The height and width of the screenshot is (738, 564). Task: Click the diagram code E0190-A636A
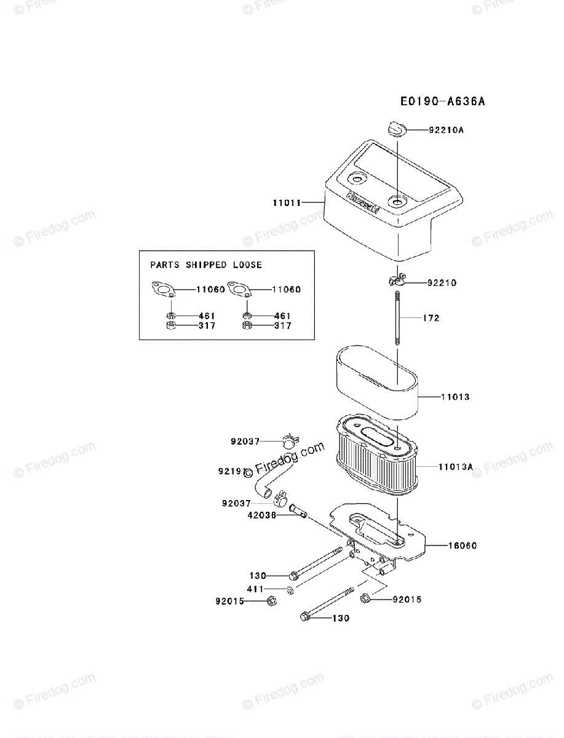tap(442, 101)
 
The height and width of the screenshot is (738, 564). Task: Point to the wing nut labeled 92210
tap(395, 282)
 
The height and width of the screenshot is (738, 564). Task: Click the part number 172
tap(431, 319)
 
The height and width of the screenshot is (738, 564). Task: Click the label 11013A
tap(456, 467)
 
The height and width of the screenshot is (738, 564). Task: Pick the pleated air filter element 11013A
tap(376, 458)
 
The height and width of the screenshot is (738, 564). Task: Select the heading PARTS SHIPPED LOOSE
tap(206, 265)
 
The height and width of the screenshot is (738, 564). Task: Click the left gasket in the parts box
tap(164, 290)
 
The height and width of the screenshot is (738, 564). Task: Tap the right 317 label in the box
tap(283, 326)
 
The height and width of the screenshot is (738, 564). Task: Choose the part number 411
tap(255, 589)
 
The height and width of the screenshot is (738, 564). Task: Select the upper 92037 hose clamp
tap(288, 440)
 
